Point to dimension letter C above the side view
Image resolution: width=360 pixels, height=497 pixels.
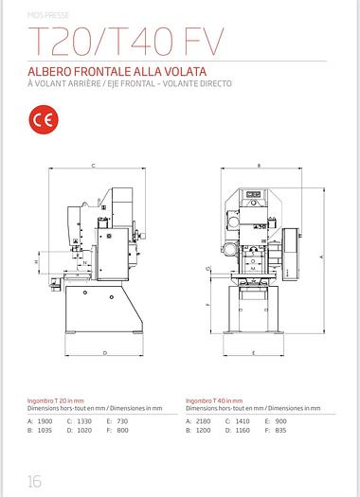(93, 166)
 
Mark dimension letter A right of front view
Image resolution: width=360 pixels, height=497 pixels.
(323, 257)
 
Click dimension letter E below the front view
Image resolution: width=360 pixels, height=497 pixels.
(255, 353)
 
